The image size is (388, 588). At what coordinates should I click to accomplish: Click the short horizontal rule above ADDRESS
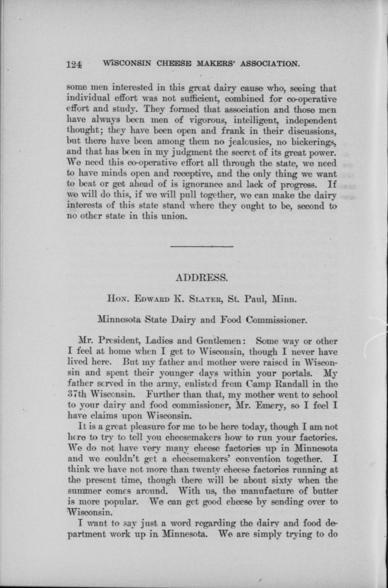tap(201, 246)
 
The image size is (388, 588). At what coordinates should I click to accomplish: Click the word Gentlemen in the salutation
tap(219, 342)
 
